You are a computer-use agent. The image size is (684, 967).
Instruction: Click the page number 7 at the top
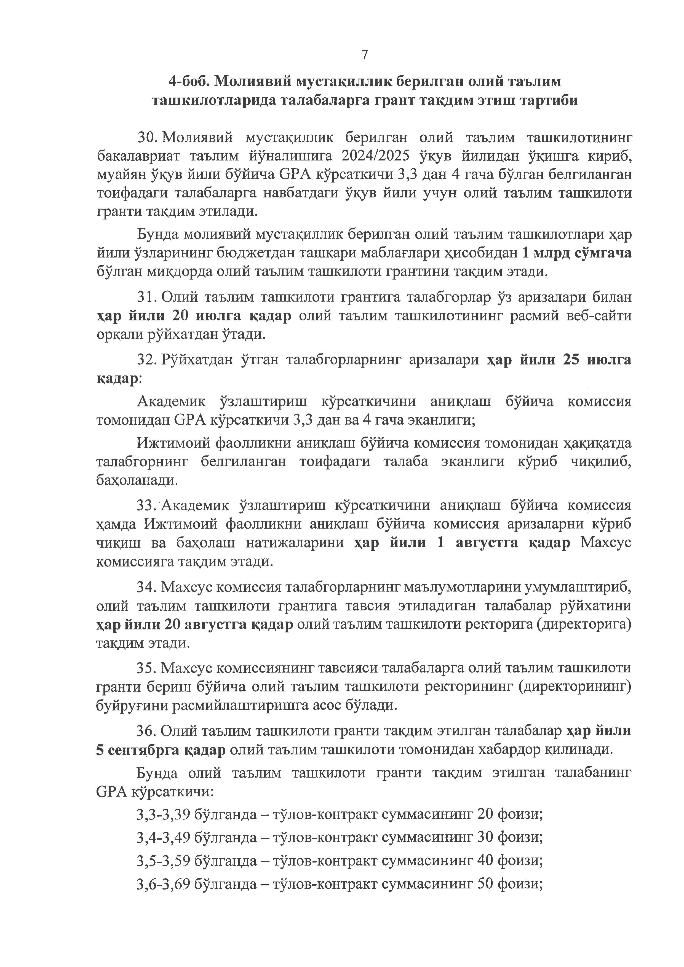tap(364, 55)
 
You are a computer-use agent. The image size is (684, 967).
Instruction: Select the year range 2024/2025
tap(376, 156)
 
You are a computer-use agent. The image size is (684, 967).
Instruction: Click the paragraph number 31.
tap(147, 297)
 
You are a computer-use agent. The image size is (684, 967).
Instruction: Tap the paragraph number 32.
tap(147, 360)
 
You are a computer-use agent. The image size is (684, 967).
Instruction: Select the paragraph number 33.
tap(147, 505)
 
